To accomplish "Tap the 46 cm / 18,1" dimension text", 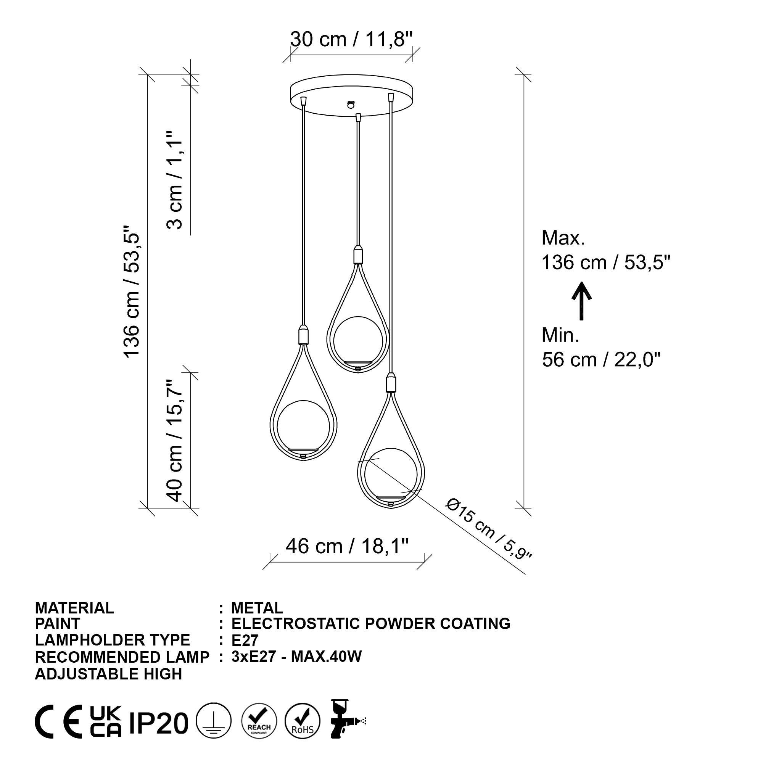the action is (x=347, y=547).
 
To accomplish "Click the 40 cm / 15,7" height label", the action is (x=175, y=440).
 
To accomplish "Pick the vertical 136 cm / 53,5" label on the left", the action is (x=132, y=292).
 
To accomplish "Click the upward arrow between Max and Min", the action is (x=581, y=301).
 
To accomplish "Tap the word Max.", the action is (x=563, y=238).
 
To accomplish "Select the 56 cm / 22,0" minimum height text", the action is (x=601, y=359).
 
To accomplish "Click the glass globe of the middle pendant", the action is (x=358, y=340).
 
